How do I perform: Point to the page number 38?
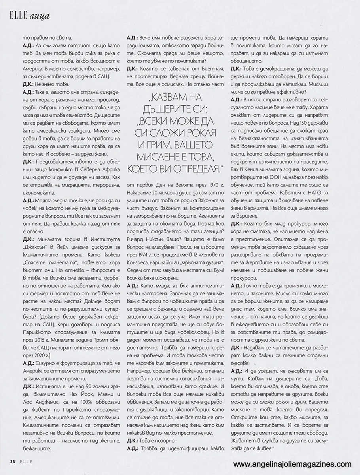[x=13, y=462]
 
